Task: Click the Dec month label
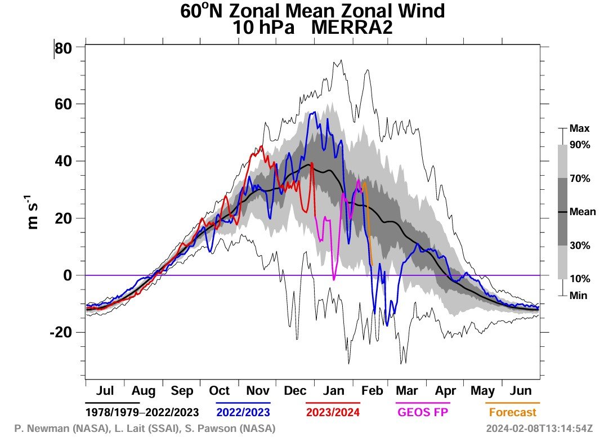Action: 294,391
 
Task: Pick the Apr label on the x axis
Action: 445,391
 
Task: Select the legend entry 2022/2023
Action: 243,412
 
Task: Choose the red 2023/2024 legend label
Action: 333,412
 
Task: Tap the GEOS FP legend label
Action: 423,412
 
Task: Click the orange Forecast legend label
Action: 512,412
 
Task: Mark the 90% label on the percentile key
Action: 580,145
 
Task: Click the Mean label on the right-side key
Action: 583,212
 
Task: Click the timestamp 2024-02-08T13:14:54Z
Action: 539,429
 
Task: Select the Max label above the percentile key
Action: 579,129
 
